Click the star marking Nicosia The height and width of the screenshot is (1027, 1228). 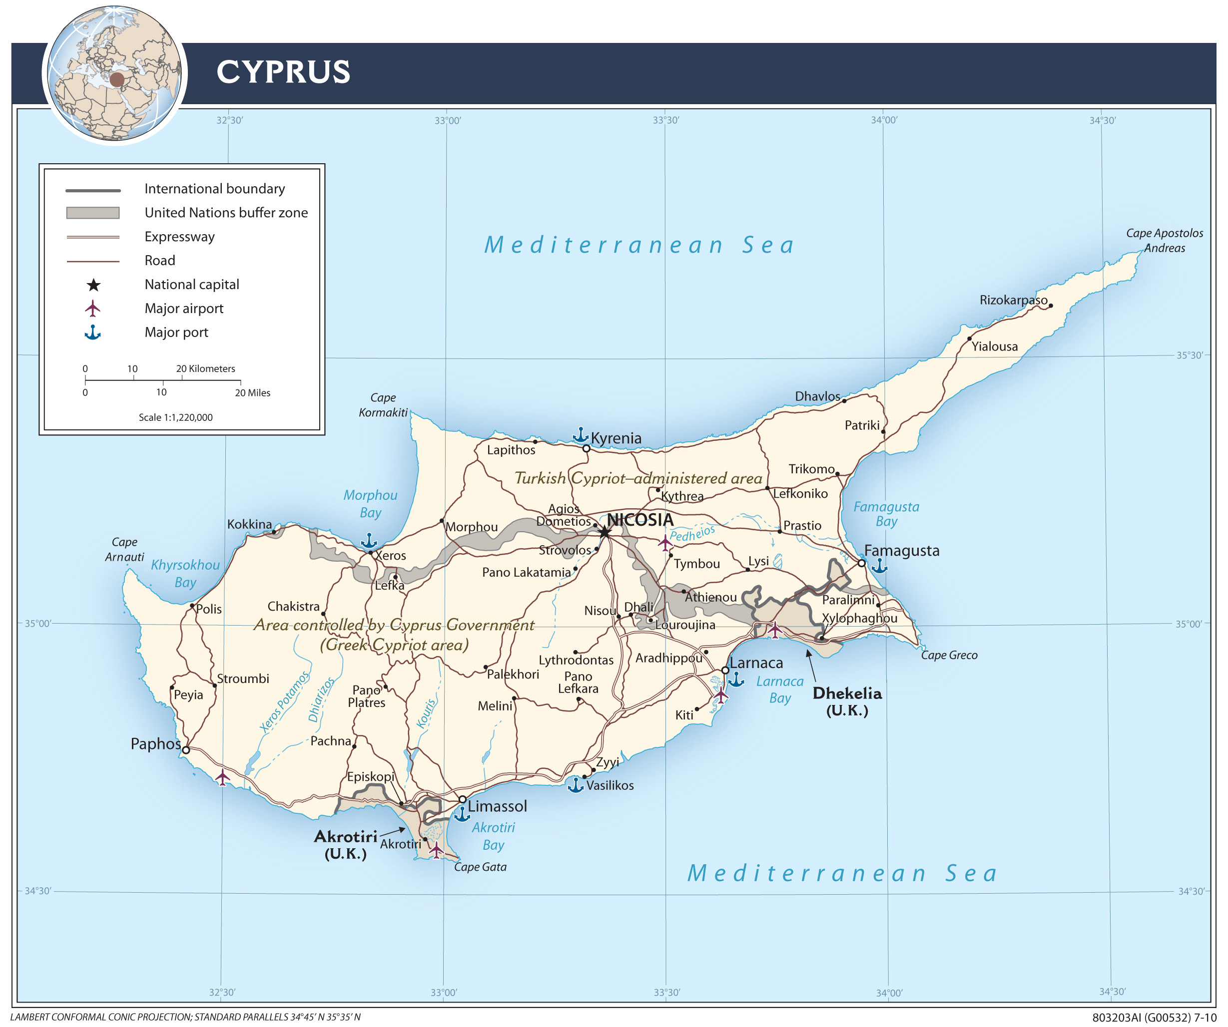tap(604, 532)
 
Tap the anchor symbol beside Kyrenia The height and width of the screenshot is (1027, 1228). tap(580, 435)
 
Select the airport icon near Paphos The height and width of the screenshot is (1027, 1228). tap(222, 777)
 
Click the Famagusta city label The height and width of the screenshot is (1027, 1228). tap(902, 551)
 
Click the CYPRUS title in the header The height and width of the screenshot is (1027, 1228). tap(283, 72)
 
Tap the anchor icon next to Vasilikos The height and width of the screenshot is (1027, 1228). tap(576, 785)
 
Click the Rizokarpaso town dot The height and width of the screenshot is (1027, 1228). tap(1051, 306)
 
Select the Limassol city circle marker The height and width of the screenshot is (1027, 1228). tap(463, 799)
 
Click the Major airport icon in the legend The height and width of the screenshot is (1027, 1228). tap(93, 308)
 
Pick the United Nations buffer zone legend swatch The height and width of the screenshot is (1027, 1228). tap(93, 213)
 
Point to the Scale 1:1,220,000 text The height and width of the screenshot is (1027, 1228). tap(175, 417)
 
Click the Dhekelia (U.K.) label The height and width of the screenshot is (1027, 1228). tap(847, 701)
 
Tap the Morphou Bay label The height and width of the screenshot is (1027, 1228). tap(370, 504)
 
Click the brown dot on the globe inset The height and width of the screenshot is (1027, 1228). tap(117, 79)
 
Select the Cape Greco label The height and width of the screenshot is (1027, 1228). tap(949, 655)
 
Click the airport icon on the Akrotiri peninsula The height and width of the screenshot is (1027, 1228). tap(436, 850)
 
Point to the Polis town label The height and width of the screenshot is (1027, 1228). tap(209, 609)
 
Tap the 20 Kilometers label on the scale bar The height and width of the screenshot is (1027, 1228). tap(206, 369)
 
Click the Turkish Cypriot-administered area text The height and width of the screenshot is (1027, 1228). tap(638, 479)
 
